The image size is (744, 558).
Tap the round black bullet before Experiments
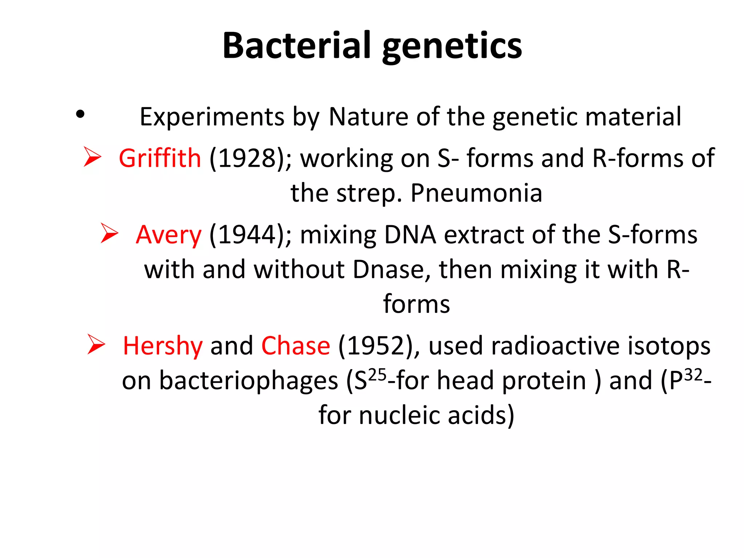tap(80, 115)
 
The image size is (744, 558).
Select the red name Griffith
tap(160, 158)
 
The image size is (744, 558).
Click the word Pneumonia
tap(476, 193)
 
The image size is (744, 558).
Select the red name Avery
tap(169, 235)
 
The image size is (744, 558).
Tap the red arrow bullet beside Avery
tap(109, 233)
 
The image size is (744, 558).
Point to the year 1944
tap(248, 235)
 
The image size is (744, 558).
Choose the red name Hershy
tap(162, 346)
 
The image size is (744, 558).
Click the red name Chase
tap(296, 346)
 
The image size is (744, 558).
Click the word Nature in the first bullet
tap(368, 117)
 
